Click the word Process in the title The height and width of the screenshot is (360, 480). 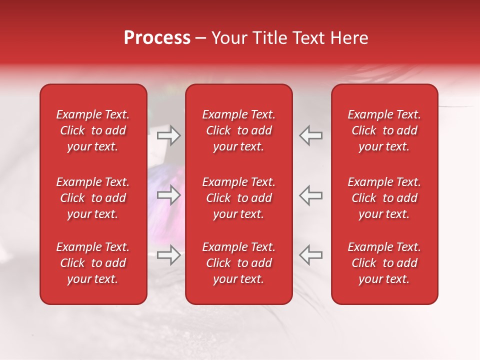click(x=157, y=38)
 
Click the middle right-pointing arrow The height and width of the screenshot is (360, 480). click(x=168, y=195)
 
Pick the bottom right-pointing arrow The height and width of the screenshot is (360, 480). click(x=168, y=255)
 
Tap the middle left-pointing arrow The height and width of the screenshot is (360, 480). click(x=310, y=195)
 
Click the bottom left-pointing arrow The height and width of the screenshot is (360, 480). click(x=310, y=254)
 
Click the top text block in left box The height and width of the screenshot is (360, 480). click(x=93, y=130)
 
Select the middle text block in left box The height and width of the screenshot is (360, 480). click(x=93, y=198)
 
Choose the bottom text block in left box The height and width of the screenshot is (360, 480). click(x=93, y=263)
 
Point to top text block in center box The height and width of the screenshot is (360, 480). click(x=238, y=130)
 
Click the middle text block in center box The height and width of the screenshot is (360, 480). click(x=238, y=198)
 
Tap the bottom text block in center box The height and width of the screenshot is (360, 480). click(x=238, y=263)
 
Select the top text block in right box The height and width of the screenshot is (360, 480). click(x=384, y=130)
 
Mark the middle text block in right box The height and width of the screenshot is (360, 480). click(x=384, y=198)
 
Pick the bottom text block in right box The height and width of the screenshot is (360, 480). click(x=384, y=263)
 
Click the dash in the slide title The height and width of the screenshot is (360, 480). click(x=200, y=38)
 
